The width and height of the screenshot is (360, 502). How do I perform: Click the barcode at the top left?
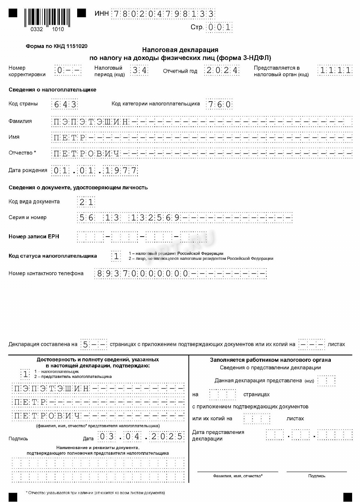[47, 17]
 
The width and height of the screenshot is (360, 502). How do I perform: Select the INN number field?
[163, 14]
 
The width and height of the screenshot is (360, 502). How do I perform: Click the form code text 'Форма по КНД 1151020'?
[56, 46]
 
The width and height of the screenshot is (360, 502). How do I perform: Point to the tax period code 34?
[139, 70]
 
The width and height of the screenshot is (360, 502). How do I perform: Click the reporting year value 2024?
[222, 70]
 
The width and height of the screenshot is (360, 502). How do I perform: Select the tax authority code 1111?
[335, 70]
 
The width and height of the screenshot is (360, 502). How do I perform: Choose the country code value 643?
[65, 104]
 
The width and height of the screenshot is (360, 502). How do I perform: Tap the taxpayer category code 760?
[219, 104]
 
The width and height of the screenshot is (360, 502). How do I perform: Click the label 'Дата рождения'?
[28, 170]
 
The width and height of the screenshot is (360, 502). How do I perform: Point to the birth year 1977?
[121, 171]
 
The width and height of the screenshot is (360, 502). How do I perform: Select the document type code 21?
[86, 202]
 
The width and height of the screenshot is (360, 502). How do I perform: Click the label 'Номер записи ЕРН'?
[34, 237]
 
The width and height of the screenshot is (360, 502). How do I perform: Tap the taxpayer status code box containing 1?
[116, 256]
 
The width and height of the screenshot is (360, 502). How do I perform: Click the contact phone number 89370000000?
[142, 274]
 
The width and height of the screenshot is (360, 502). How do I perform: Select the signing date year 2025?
[167, 436]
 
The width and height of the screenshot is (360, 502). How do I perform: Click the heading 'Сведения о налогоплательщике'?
[52, 90]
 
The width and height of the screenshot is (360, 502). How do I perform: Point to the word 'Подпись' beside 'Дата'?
[18, 439]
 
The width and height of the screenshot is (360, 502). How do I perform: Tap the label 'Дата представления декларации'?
[218, 435]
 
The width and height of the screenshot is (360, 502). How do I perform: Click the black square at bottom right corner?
[348, 497]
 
